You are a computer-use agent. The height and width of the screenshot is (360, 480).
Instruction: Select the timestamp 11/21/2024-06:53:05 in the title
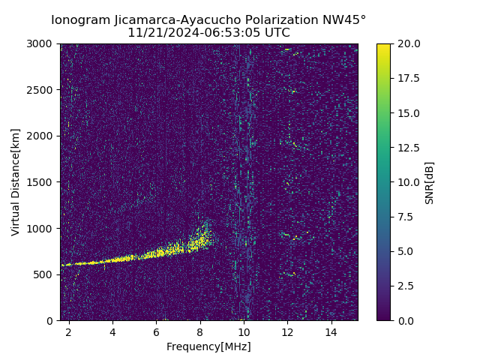[195, 33]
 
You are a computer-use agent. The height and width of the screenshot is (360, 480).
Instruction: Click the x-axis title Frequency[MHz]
[208, 346]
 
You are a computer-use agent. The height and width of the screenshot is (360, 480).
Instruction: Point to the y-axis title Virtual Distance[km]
[15, 181]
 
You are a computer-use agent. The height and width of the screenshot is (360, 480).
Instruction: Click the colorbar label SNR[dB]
[430, 182]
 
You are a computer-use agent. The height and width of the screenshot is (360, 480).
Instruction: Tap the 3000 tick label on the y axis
[42, 43]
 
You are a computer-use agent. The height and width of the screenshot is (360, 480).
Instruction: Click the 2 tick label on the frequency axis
[69, 331]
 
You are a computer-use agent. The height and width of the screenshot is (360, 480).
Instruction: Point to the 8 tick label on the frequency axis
[200, 331]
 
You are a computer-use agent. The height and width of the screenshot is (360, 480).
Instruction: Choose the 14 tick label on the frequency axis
[331, 331]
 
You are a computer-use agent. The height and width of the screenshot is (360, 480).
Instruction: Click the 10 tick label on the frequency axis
[244, 331]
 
